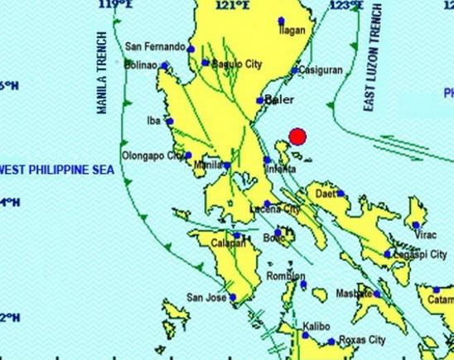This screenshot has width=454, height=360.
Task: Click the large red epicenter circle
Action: click(297, 137)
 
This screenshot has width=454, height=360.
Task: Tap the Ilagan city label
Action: click(292, 31)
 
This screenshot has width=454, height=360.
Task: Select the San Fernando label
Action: click(154, 47)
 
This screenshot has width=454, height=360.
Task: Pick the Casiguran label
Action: click(320, 70)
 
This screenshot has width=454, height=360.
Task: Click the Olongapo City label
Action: click(153, 155)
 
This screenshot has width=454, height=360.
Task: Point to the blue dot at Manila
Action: click(227, 166)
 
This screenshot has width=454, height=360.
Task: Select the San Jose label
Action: click(206, 298)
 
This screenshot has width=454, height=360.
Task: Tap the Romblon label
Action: click(286, 277)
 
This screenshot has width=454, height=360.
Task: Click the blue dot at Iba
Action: click(170, 122)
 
